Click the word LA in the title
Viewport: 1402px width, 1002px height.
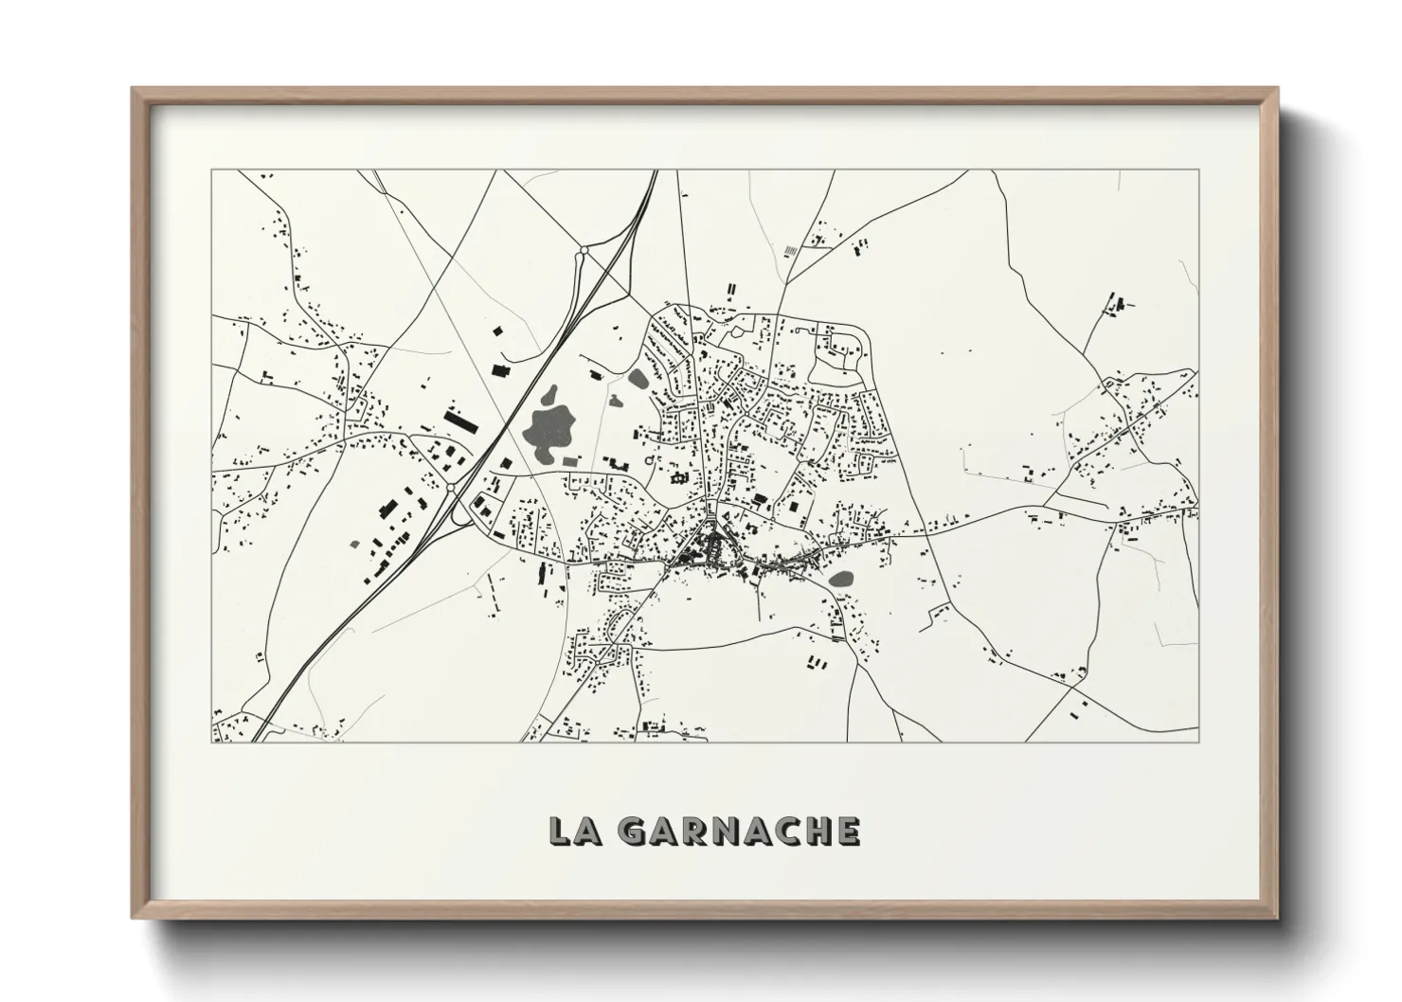574,831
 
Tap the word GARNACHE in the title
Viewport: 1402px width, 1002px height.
739,831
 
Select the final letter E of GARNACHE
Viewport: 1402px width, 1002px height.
848,831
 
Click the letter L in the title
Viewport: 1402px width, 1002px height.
562,831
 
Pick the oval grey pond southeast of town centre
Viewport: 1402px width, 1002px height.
841,578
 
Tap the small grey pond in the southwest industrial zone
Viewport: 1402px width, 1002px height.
356,544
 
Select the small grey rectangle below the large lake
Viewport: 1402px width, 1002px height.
569,460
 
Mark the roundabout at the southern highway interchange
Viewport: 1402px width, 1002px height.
451,487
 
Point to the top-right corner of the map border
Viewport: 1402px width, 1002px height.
1198,170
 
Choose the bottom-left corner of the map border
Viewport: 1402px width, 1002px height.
211,742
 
